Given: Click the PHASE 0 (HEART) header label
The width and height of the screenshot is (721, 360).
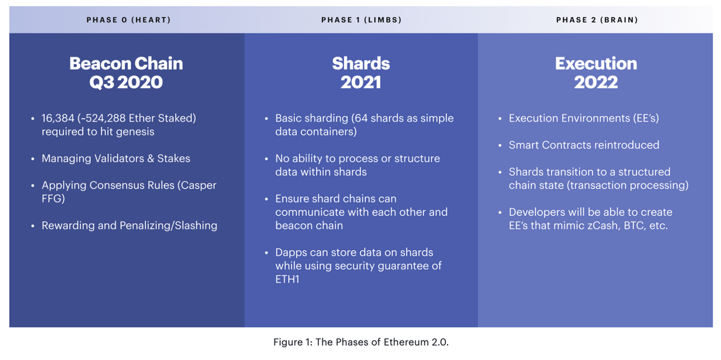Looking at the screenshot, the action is coord(128,20).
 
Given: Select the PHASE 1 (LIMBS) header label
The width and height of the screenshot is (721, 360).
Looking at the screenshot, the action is coord(362,20).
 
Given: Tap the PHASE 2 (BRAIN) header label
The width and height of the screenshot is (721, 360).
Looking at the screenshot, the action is coord(597,20).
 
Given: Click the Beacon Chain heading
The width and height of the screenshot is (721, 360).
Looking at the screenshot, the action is coord(126,63).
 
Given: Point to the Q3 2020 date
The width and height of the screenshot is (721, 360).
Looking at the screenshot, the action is coord(126,82).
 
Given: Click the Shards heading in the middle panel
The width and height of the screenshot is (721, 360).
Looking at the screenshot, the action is coord(361,63).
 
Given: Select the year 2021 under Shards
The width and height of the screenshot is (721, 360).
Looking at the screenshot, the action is coord(361,82).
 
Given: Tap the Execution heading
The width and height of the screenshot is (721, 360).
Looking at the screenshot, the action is coord(596,63).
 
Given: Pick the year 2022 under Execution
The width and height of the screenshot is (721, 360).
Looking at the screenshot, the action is coord(596,82).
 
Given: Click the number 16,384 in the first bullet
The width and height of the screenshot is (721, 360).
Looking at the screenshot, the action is coord(58,118).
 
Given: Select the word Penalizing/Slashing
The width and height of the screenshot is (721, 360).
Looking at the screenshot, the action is coord(168,226).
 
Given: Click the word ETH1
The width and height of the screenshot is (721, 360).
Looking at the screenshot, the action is coord(287,279).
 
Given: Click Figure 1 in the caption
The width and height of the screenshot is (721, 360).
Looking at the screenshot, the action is coord(293,342).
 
